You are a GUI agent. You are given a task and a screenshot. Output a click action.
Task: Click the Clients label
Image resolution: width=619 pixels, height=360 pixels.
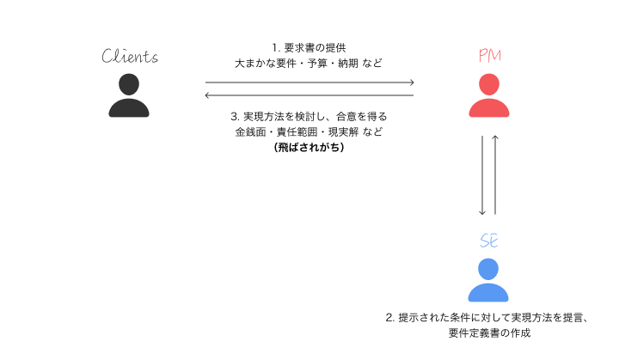coord(129,58)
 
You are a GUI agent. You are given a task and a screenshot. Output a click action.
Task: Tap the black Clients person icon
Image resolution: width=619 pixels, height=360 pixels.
coord(129,95)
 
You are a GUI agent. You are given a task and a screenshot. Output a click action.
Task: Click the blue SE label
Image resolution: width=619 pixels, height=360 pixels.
coord(488,241)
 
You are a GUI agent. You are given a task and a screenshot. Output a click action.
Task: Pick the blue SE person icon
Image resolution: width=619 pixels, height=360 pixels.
coord(488,279)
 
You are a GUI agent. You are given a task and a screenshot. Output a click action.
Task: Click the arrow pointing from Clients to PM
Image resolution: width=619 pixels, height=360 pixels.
coord(309,82)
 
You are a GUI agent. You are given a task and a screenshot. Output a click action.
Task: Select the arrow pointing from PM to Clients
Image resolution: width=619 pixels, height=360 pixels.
coord(309,95)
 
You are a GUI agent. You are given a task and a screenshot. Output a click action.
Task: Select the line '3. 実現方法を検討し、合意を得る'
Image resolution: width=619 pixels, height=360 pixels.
coord(309,117)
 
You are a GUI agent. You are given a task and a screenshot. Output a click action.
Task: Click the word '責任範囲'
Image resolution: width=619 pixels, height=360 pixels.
coord(300,132)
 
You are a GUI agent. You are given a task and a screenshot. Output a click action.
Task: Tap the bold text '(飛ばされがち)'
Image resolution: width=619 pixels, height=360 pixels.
coord(309,148)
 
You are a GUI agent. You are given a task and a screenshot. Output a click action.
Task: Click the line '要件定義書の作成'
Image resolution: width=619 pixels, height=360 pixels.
coord(489,333)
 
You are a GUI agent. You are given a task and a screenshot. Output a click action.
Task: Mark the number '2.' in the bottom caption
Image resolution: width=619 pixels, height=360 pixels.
coord(390,318)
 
